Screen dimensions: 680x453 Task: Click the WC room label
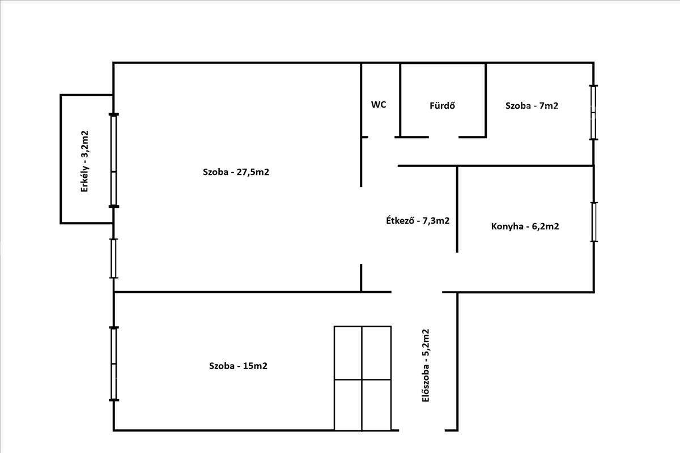pyautogui.click(x=379, y=105)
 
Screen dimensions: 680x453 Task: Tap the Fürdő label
pyautogui.click(x=443, y=105)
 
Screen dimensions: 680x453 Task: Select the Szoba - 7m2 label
pyautogui.click(x=532, y=105)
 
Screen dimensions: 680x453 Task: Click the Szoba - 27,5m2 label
pyautogui.click(x=236, y=172)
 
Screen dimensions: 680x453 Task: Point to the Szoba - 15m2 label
pyautogui.click(x=239, y=366)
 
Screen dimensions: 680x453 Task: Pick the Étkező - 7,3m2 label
pyautogui.click(x=418, y=220)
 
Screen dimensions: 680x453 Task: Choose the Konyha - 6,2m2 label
pyautogui.click(x=525, y=226)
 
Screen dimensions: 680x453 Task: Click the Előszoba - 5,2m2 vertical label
pyautogui.click(x=426, y=366)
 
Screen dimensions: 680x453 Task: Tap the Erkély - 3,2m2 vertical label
pyautogui.click(x=84, y=161)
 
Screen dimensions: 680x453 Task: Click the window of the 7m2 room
pyautogui.click(x=593, y=113)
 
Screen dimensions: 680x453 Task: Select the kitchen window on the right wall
pyautogui.click(x=594, y=222)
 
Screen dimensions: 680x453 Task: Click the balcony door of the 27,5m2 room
pyautogui.click(x=113, y=160)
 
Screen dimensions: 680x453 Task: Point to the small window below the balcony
pyautogui.click(x=113, y=259)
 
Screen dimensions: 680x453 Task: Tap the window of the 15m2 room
pyautogui.click(x=113, y=364)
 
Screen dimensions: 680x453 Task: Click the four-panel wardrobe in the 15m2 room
pyautogui.click(x=363, y=378)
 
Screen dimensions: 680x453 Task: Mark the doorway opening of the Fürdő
pyautogui.click(x=444, y=137)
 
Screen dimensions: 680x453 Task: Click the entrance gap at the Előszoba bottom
pyautogui.click(x=422, y=430)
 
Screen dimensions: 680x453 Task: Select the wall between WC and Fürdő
pyautogui.click(x=400, y=100)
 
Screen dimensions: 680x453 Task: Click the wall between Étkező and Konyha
pyautogui.click(x=457, y=210)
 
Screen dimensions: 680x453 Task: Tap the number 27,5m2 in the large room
pyautogui.click(x=253, y=172)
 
